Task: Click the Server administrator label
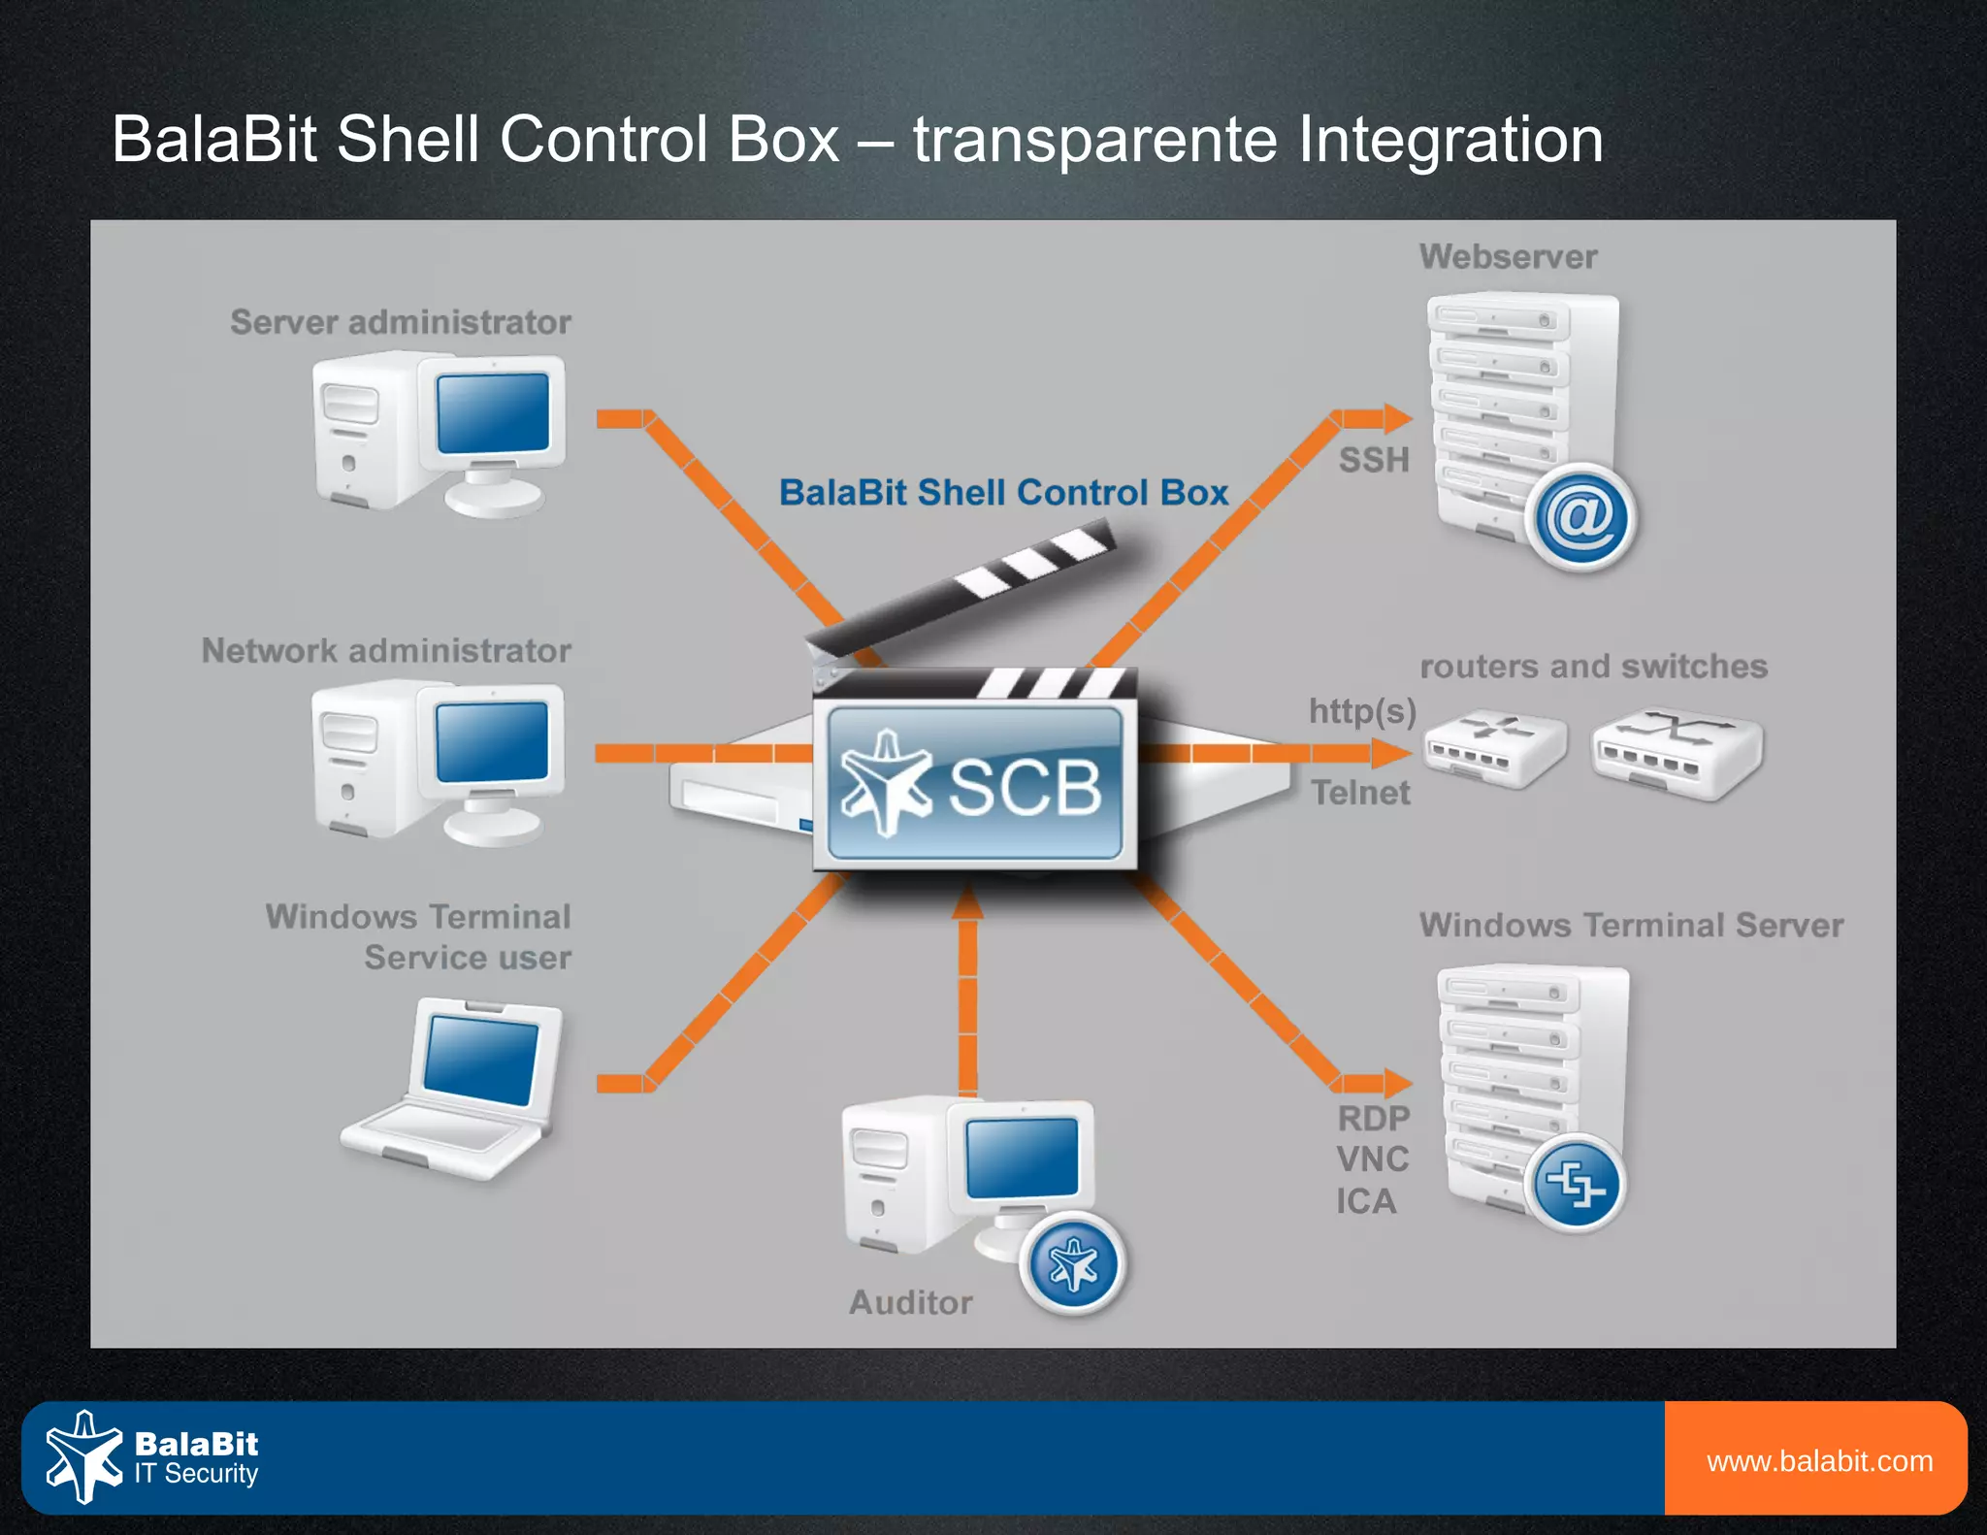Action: [x=400, y=322]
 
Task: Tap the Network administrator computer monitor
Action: [x=492, y=741]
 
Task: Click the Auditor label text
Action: [x=910, y=1302]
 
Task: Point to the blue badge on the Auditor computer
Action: [x=1072, y=1264]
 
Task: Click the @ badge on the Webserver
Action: [x=1580, y=518]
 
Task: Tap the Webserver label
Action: [x=1508, y=256]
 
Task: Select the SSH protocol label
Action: [x=1373, y=459]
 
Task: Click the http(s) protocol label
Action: [x=1362, y=711]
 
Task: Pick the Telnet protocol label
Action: [x=1360, y=793]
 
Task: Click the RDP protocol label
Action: [x=1373, y=1118]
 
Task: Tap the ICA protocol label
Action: [x=1366, y=1201]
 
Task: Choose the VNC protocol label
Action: [x=1372, y=1159]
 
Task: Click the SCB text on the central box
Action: [x=1025, y=786]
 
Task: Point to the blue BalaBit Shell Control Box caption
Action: [x=1004, y=492]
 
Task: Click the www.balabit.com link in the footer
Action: [x=1819, y=1460]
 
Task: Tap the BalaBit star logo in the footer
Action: [x=84, y=1456]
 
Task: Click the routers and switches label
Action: [x=1593, y=667]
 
